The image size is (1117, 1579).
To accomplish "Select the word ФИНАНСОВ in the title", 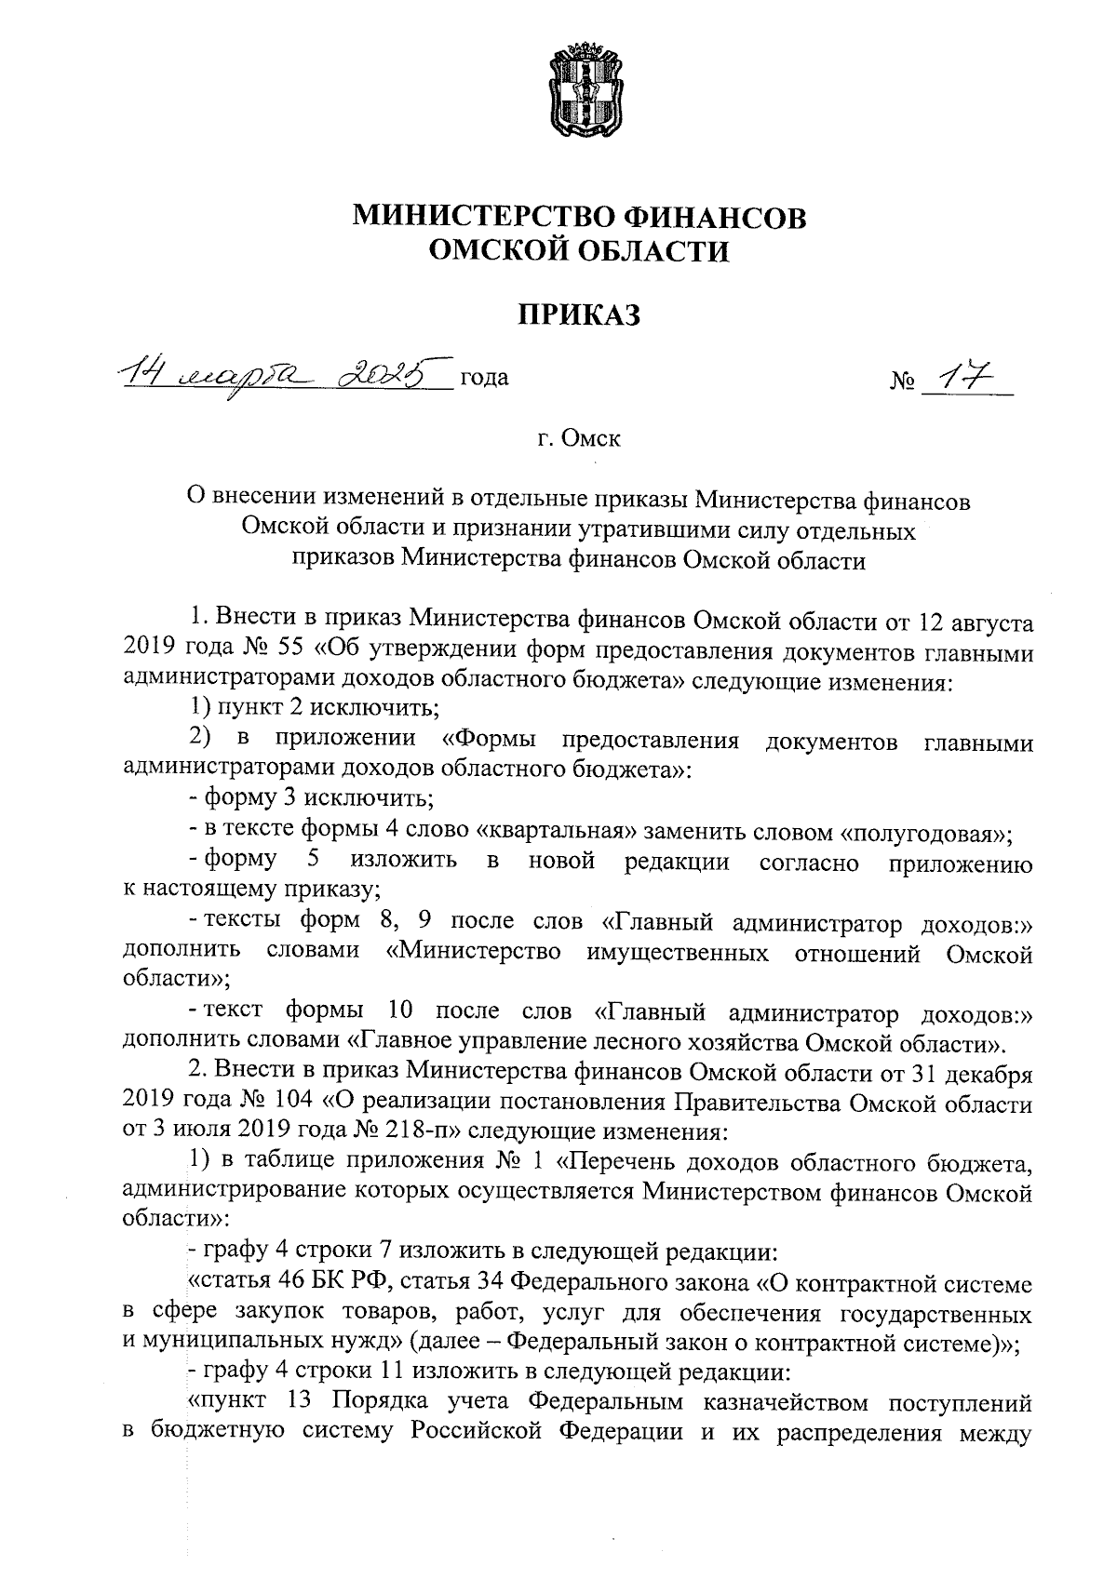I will pyautogui.click(x=712, y=217).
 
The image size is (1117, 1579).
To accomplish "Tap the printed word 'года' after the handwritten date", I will pyautogui.click(x=484, y=379).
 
